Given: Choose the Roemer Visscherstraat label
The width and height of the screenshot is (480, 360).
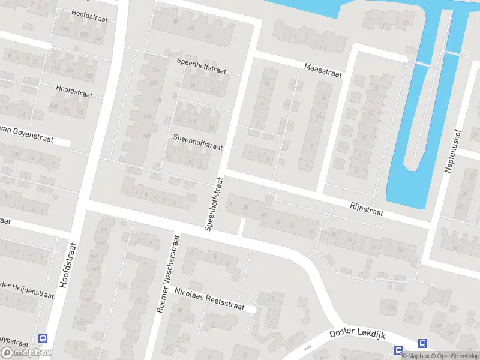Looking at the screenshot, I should point(167,274).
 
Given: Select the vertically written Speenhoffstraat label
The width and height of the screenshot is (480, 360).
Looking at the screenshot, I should point(214,204).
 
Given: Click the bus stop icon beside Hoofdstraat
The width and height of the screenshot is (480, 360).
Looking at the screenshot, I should point(43,340).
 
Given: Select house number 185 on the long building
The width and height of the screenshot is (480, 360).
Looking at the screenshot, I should point(147,116).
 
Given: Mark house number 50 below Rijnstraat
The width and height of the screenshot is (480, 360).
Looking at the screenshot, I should point(400,250).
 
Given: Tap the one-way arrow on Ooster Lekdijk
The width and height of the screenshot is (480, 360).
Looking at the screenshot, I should point(308,347).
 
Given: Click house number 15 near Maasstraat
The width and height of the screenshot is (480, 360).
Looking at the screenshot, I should point(325,97).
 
